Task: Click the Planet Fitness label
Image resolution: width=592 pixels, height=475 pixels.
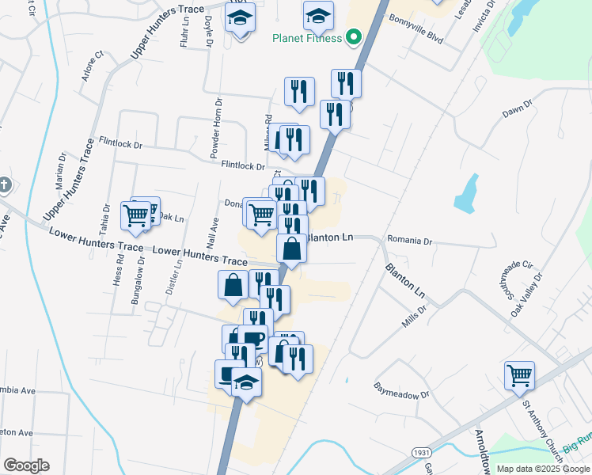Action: coord(307,38)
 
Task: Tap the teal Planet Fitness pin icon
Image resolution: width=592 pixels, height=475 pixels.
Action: coord(354,37)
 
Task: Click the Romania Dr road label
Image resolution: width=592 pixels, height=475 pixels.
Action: coord(410,240)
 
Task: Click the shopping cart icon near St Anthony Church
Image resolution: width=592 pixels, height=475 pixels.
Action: coord(519,374)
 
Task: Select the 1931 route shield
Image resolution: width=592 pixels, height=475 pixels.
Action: coord(422,452)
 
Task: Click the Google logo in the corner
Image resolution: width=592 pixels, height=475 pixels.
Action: coord(26,465)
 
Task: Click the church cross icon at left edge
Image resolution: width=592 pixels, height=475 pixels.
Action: coord(4,186)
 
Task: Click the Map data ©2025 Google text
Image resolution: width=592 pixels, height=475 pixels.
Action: coord(542,469)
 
